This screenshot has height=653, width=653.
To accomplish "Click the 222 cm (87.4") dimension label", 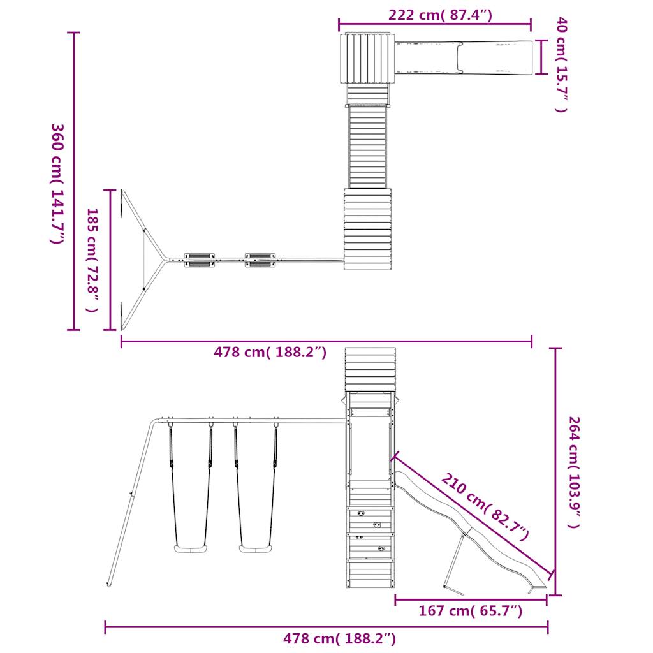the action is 440,15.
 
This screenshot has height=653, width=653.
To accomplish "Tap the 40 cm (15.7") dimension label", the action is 561,64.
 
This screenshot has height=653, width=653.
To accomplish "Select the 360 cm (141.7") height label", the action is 57,184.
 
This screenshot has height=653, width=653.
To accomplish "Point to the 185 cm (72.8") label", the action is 92,260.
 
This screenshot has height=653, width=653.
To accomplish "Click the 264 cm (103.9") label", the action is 575,473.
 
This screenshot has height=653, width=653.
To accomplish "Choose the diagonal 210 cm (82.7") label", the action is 485,506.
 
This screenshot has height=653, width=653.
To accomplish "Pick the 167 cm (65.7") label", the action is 470,611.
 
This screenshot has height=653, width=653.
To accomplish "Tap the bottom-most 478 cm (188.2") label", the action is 339,638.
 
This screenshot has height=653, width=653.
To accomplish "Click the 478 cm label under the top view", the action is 270,352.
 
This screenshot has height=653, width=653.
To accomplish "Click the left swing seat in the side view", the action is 190,548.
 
